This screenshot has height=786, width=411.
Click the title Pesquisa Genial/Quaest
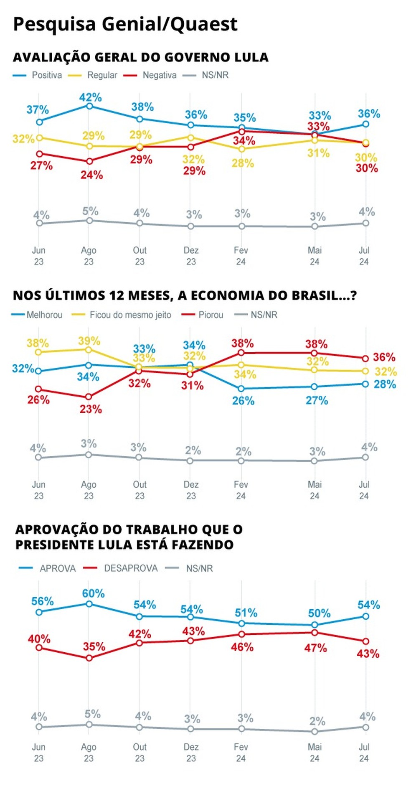(x=125, y=24)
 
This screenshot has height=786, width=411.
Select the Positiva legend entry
(x=46, y=75)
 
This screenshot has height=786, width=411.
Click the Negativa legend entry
(x=159, y=75)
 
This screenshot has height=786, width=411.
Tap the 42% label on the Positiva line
(x=91, y=97)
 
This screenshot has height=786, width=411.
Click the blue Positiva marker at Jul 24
(x=365, y=124)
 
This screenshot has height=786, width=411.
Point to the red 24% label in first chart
(x=92, y=175)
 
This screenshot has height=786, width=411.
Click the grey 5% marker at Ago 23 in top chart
(x=89, y=220)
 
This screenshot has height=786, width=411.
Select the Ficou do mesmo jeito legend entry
(x=130, y=315)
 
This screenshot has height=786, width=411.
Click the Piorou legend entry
(x=211, y=315)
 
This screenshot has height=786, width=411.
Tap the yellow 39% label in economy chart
(x=89, y=341)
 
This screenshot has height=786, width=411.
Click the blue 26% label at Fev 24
(x=243, y=400)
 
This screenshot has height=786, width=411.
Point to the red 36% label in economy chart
(x=384, y=357)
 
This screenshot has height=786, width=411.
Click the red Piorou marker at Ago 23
(x=88, y=397)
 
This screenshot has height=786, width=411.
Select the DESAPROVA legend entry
(x=131, y=568)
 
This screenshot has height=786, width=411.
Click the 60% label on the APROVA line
(x=93, y=593)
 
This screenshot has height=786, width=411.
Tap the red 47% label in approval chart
(x=315, y=648)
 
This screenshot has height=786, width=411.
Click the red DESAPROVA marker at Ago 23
(x=89, y=658)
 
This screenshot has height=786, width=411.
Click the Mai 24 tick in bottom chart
(x=315, y=752)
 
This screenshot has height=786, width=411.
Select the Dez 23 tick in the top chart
(x=191, y=256)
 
